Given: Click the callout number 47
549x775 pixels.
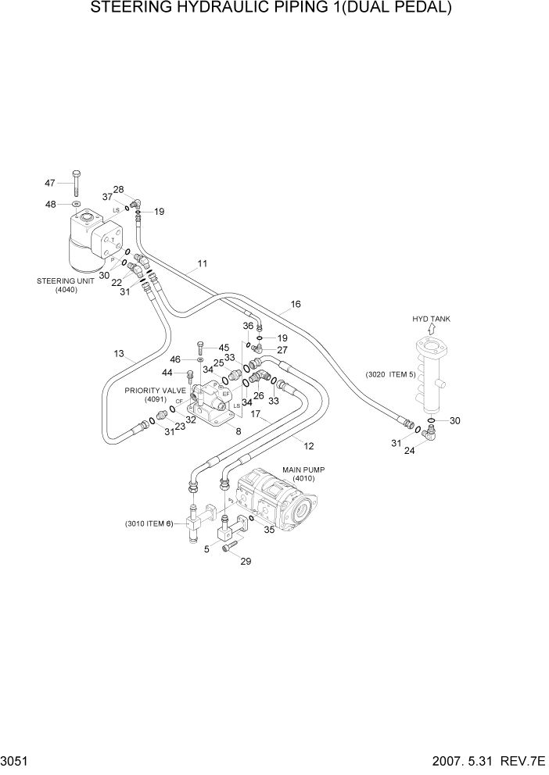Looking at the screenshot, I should [50, 184].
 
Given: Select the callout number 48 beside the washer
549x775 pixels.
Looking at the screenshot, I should [50, 205].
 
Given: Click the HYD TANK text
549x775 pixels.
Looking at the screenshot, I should [431, 319].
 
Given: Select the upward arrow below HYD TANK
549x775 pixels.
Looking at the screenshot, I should [431, 330].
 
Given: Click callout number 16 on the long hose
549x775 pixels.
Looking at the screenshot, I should [296, 305].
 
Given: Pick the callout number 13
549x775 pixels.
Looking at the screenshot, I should [120, 354].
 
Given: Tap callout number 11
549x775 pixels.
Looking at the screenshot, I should [203, 264].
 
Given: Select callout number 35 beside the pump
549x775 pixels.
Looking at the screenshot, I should [269, 530].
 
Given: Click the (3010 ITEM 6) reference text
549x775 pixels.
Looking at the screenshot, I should [148, 523].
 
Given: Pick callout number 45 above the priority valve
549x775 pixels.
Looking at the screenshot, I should [224, 348].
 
